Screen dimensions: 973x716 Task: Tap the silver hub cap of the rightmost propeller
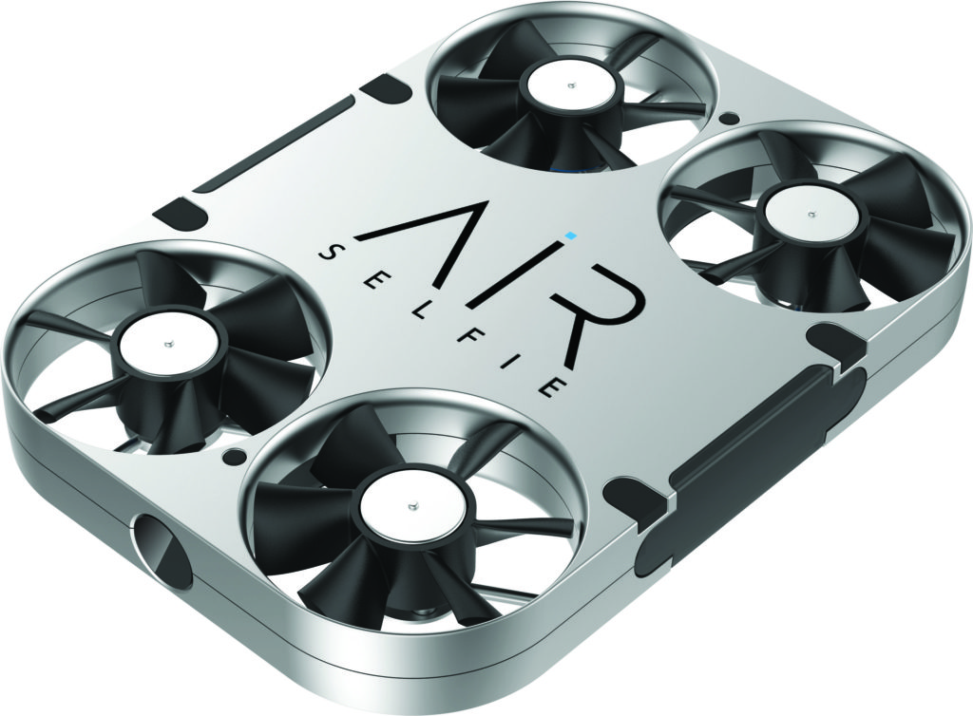(812, 214)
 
